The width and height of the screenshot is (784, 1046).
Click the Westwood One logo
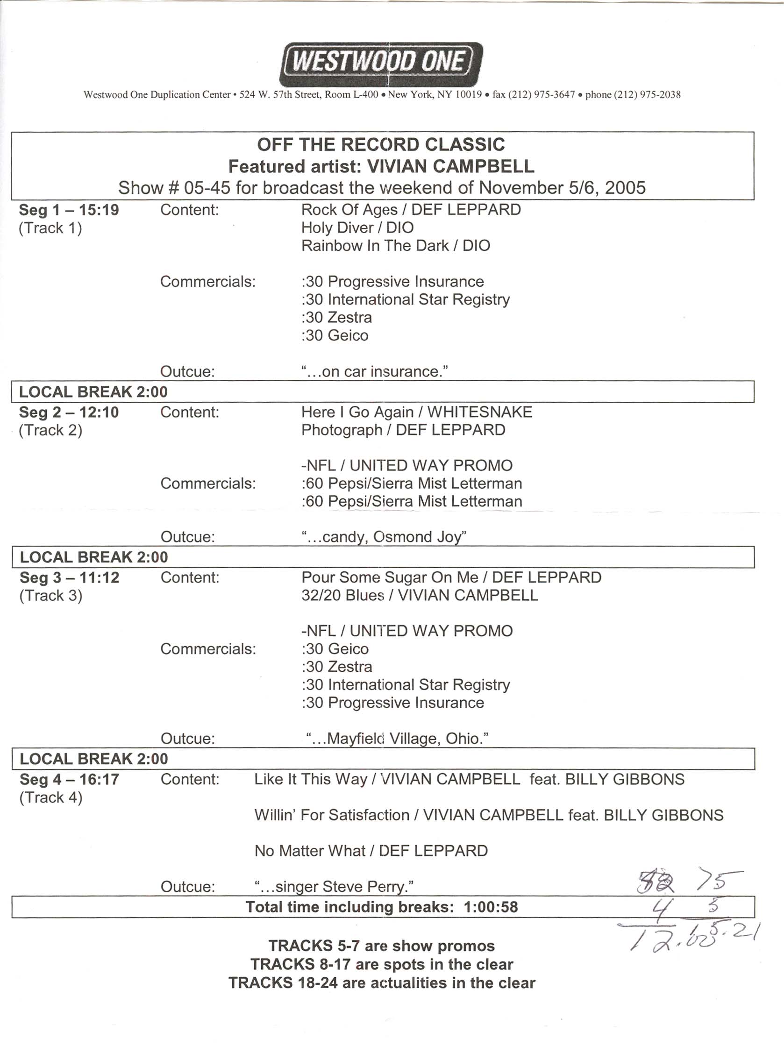(x=381, y=64)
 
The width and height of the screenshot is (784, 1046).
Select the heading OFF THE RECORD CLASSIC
(x=381, y=144)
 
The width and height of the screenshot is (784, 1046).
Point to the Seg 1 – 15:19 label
(x=69, y=210)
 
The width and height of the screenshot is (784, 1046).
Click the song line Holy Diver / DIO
(x=357, y=228)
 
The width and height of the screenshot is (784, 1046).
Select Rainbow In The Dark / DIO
(x=396, y=246)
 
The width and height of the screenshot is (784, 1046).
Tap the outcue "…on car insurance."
(x=375, y=372)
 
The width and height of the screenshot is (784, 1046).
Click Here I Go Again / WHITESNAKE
(x=417, y=413)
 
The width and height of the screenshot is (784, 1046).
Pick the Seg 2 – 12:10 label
(x=69, y=413)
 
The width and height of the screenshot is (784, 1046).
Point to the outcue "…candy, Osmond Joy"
(x=384, y=537)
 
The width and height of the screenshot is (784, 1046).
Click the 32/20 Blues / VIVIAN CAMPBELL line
(x=420, y=595)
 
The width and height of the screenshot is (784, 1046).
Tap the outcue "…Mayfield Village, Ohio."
(x=397, y=739)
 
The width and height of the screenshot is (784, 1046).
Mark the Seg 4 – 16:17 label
(x=69, y=779)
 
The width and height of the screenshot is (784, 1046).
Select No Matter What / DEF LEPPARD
(x=371, y=851)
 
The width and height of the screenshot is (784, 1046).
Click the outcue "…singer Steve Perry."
(x=334, y=887)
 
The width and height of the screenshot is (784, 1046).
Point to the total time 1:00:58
(x=491, y=907)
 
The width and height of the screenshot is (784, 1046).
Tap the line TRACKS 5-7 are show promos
(x=382, y=946)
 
